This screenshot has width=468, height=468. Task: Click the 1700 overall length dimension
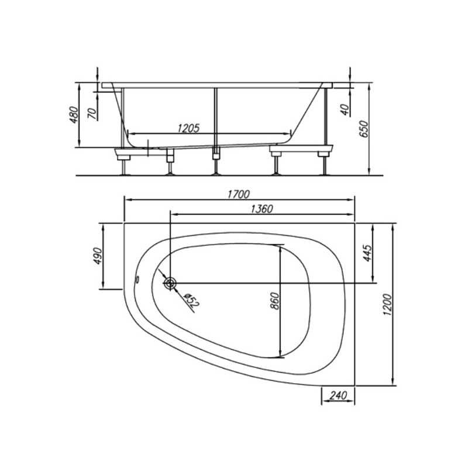point(239,194)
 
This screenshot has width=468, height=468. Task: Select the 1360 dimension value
point(261,209)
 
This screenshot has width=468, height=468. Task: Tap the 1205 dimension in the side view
point(188,128)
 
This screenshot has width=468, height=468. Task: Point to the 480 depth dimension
point(74,115)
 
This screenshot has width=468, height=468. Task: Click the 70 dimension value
point(92,113)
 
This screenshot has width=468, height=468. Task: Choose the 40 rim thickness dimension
point(345,110)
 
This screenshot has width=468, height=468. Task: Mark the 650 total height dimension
point(363,129)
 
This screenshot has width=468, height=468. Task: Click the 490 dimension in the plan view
point(97,256)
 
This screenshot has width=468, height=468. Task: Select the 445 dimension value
point(367,253)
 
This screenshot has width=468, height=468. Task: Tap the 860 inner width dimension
point(274,301)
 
